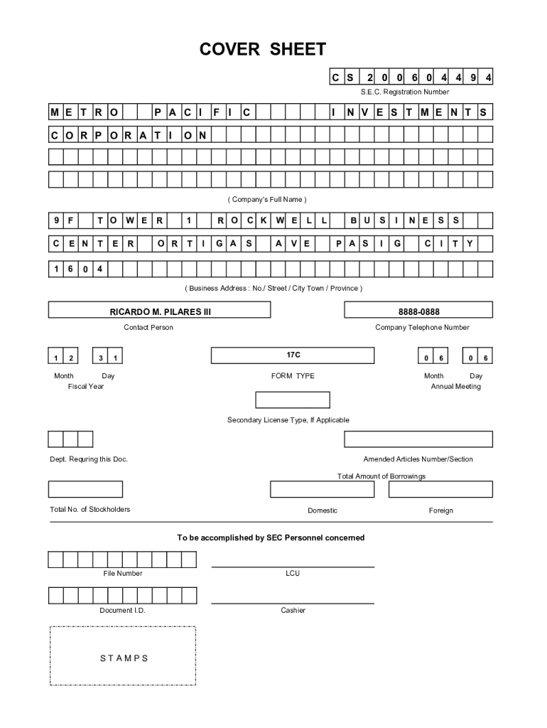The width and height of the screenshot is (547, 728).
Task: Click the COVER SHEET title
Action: point(262,49)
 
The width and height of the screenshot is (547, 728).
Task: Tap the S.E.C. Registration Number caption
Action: point(404,92)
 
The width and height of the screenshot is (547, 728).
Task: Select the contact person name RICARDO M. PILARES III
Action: point(160,311)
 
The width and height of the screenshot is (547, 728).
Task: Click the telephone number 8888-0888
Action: point(418,311)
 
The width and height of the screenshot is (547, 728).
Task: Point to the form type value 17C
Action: point(293,354)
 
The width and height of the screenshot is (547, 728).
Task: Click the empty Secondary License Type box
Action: point(292,400)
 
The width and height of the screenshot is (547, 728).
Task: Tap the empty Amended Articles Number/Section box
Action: point(418,439)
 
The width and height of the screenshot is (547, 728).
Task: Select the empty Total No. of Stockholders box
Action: point(85,489)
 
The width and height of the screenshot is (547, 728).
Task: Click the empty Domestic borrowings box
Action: point(322,489)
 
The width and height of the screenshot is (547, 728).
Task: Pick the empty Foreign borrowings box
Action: point(440,489)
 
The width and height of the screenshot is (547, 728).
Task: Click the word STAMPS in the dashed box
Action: point(124,658)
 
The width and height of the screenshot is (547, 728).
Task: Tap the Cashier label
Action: point(293,610)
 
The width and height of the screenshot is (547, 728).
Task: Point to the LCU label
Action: point(293,573)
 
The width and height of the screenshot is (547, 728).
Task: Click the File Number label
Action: point(122,573)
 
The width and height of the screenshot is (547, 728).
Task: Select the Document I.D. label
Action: point(122,610)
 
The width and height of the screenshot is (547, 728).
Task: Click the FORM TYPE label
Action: point(293,375)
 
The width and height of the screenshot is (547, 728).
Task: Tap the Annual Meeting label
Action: point(455,386)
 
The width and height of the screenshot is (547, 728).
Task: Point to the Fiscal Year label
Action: point(86,386)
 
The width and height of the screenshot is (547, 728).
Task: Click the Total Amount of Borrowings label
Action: point(381,476)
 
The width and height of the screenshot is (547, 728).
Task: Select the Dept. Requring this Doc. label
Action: point(89,459)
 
